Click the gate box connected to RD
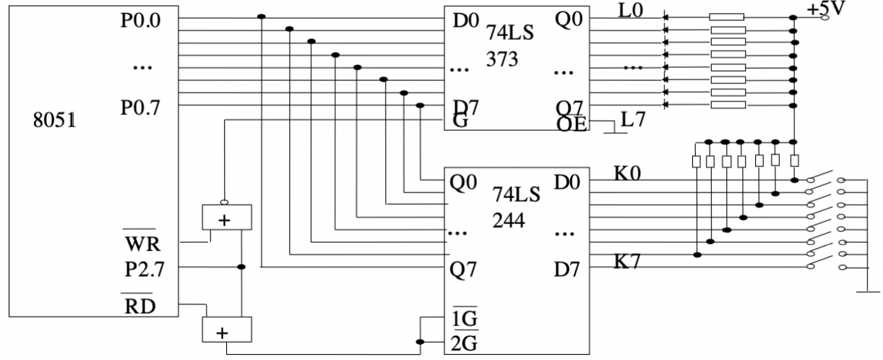[x=225, y=330]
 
